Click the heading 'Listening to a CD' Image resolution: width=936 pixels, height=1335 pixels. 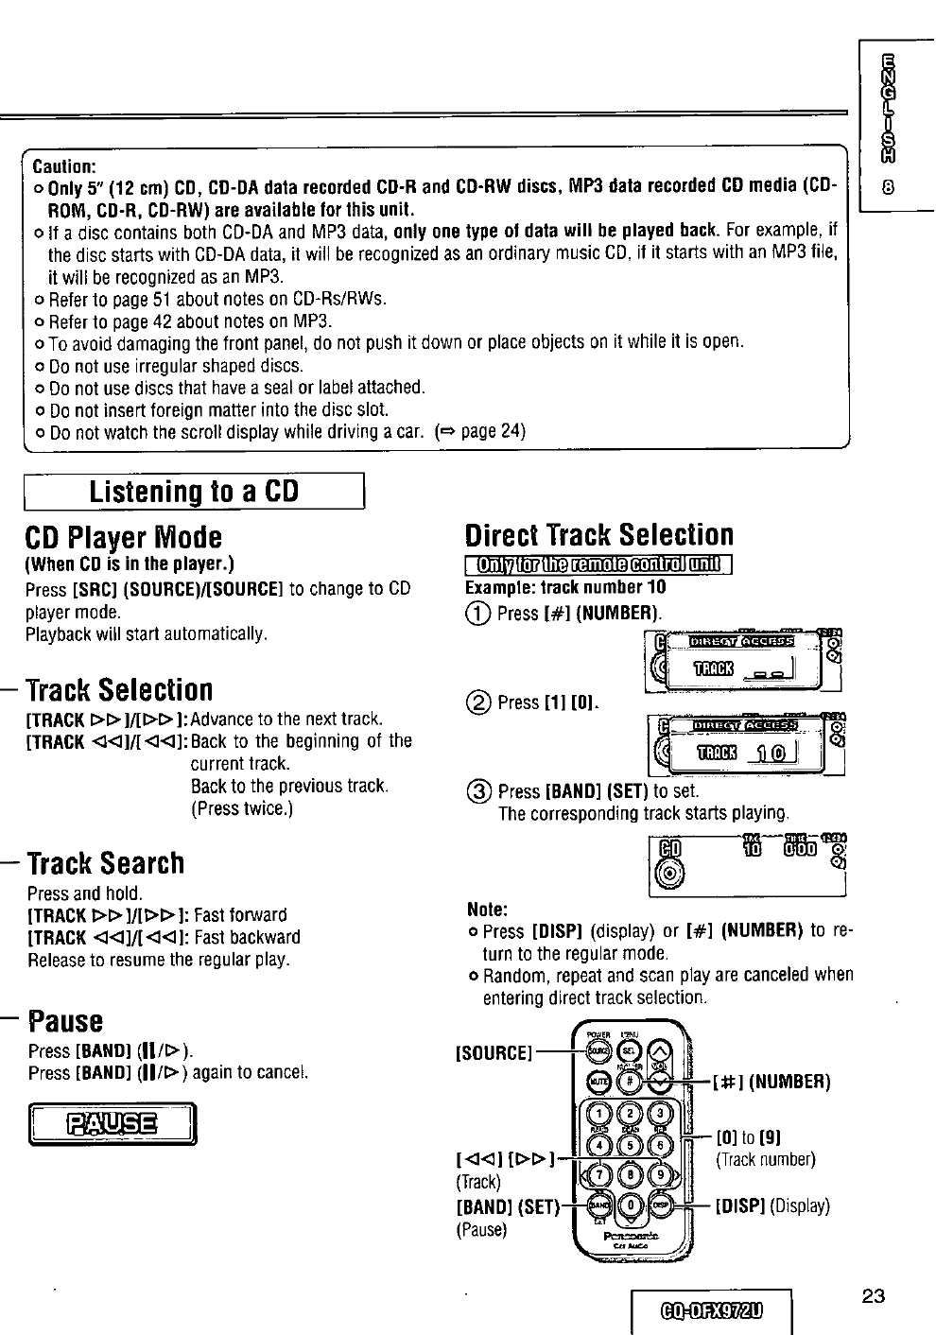pos(194,492)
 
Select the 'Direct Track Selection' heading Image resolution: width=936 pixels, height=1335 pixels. pos(599,535)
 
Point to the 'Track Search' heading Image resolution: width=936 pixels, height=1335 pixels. pos(106,863)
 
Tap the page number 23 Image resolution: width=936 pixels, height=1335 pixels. pos(873,1296)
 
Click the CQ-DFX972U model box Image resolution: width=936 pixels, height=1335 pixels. pos(714,1310)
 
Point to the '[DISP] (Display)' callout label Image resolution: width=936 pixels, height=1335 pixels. pos(772,1205)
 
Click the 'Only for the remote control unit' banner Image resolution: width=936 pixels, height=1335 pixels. pos(600,566)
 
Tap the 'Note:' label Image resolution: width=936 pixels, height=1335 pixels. pos(488,910)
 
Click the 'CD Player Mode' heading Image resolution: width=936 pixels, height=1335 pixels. pos(123,537)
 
